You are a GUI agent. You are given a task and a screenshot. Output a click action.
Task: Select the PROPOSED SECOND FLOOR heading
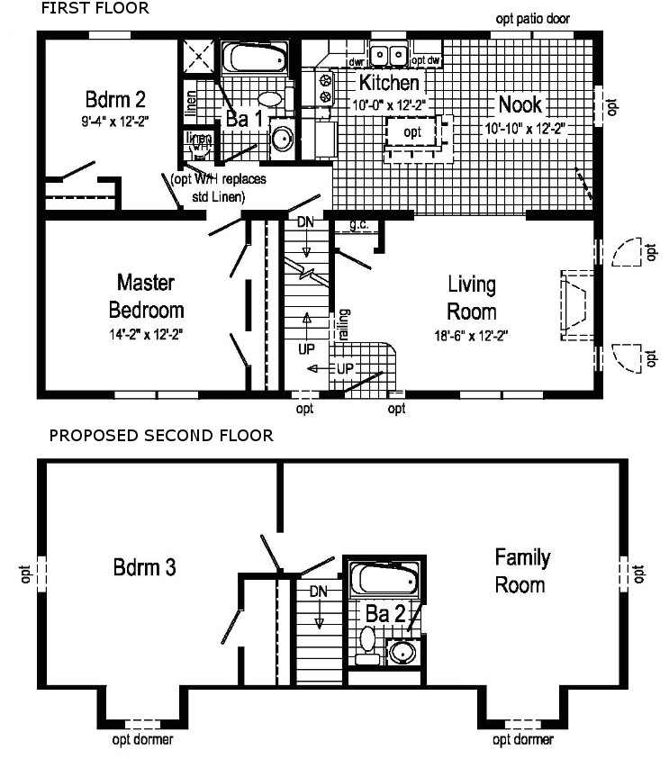point(160,436)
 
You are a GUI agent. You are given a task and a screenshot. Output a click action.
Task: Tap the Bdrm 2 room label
point(115,98)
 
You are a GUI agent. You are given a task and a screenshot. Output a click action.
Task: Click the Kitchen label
point(389,84)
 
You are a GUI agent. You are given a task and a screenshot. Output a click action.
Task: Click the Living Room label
point(472,298)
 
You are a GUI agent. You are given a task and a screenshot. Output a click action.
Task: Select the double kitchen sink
point(392,56)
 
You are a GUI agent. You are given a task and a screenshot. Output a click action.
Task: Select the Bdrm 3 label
point(144,568)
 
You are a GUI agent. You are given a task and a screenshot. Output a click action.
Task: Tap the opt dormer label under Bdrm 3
point(142,740)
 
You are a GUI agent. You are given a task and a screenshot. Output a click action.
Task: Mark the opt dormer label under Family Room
point(522,740)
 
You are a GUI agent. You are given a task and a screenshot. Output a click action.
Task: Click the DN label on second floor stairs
point(317,592)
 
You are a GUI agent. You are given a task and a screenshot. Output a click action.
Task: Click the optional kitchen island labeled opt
point(412,132)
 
